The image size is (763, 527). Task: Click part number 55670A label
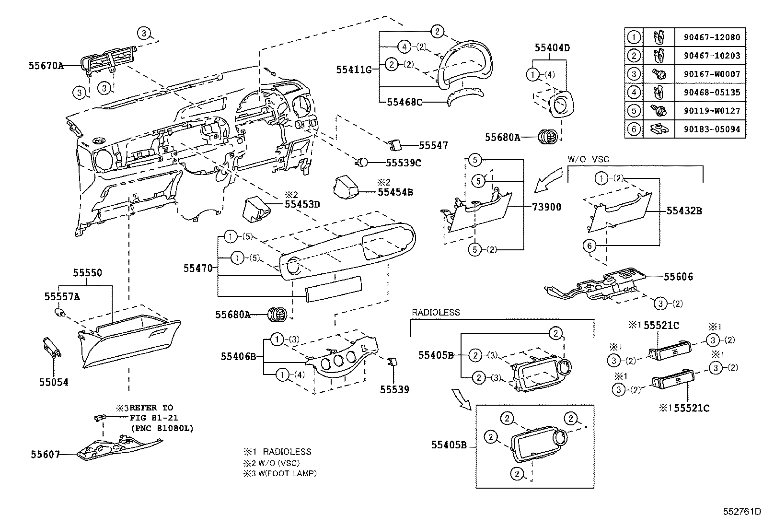pos(46,65)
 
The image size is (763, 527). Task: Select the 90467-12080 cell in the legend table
pos(710,37)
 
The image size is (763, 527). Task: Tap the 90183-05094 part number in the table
pos(710,129)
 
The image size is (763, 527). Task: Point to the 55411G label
pos(354,70)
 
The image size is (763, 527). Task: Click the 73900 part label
pos(546,207)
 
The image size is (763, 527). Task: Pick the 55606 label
pos(678,277)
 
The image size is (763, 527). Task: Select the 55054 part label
pos(54,382)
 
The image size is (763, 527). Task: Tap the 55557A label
pos(62,297)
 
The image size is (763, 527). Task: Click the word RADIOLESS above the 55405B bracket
pos(436,312)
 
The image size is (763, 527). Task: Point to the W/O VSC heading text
pos(589,159)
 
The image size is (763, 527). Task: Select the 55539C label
pos(403,163)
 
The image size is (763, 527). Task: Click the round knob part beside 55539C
pos(363,162)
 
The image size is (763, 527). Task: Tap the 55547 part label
pos(433,145)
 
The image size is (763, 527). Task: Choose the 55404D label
pos(552,47)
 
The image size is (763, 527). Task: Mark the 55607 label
pos(46,455)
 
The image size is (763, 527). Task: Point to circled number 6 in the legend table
pos(634,129)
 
